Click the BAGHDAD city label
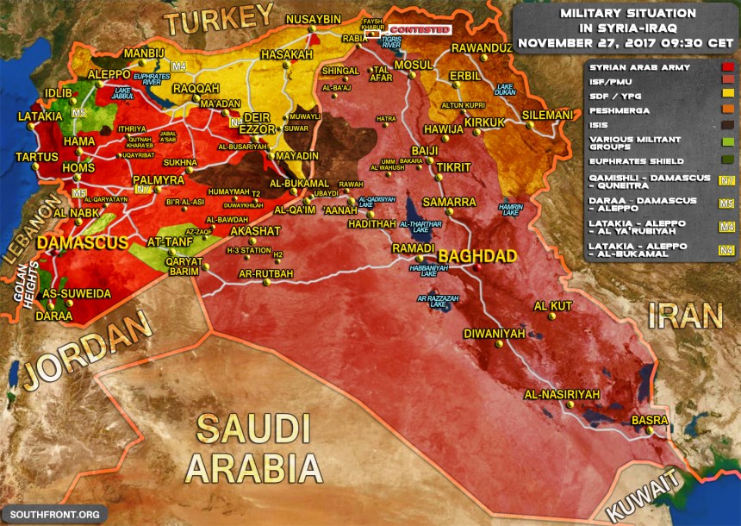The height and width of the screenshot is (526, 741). [x=477, y=256]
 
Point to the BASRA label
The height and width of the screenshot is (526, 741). [x=650, y=420]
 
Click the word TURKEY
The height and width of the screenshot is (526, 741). [x=221, y=20]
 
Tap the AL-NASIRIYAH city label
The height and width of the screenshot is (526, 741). [x=561, y=394]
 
